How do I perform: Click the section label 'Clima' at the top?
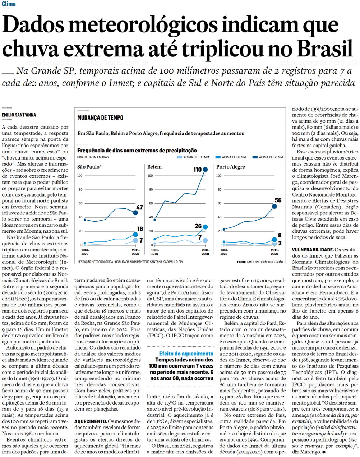pos(9,4)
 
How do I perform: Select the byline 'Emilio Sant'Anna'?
pos(19,115)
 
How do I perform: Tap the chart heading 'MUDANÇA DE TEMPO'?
pos(100,117)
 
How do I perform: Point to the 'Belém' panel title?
pos(154,167)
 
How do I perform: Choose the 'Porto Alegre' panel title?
pos(230,167)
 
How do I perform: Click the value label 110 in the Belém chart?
pos(198,170)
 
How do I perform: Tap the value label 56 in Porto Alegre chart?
pos(278,200)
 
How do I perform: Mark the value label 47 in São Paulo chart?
pos(139,207)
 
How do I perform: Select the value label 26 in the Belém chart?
pos(198,226)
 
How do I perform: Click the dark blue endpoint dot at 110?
pos(205,170)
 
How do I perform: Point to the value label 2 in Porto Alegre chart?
pos(280,243)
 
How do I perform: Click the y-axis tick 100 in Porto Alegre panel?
pos(219,176)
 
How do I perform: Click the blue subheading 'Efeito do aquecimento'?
pos(186,354)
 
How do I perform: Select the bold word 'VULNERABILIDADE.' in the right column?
pos(313,249)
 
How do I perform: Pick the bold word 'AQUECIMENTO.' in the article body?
pos(90,421)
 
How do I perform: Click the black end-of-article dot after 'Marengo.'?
pos(324,452)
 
